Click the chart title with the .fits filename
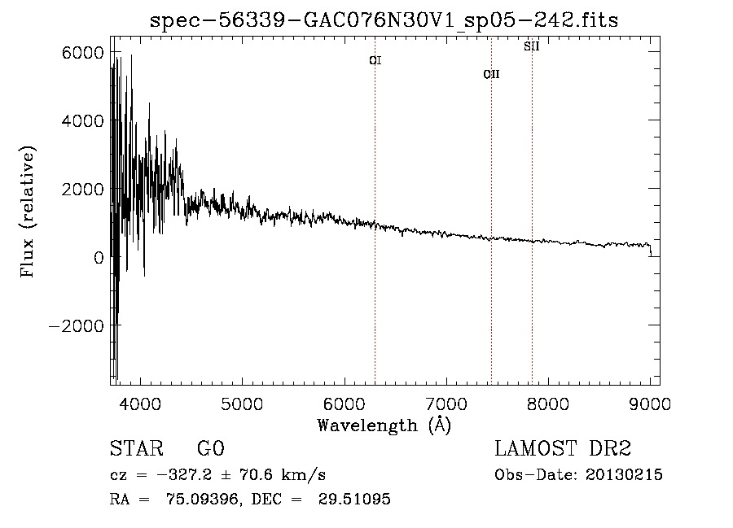(384, 20)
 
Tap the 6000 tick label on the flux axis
(82, 53)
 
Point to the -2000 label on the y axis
(77, 325)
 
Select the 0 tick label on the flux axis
(99, 257)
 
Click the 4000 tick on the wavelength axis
(140, 404)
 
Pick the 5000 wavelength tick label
(242, 404)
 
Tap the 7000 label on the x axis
(446, 404)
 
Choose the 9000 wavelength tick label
(650, 404)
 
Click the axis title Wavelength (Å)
(384, 425)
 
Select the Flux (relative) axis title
(28, 212)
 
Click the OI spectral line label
(375, 60)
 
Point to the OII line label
(491, 74)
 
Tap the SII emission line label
(532, 46)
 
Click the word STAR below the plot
(137, 448)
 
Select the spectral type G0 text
(211, 448)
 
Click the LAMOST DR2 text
(563, 448)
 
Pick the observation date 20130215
(624, 475)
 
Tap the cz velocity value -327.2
(184, 475)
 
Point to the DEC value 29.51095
(354, 499)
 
